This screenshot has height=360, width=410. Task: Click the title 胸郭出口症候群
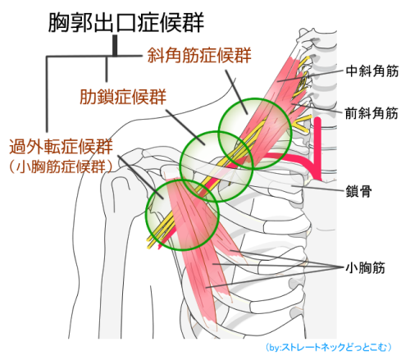126,22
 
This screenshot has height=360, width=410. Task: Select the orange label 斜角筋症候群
199,55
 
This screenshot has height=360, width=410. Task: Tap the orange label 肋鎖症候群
123,96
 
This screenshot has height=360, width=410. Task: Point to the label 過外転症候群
61,146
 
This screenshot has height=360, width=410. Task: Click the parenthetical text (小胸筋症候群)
61,166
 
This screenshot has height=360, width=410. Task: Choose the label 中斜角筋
372,71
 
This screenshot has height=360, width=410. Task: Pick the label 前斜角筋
371,113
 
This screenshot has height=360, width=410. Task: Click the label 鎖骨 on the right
358,191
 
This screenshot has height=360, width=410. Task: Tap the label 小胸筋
366,267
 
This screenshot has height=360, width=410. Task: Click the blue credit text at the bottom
328,347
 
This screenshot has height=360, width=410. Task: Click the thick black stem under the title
115,45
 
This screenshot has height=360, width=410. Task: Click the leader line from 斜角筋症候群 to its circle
236,92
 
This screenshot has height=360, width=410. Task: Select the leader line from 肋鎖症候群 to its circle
185,127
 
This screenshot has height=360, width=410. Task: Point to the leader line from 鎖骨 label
318,188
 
